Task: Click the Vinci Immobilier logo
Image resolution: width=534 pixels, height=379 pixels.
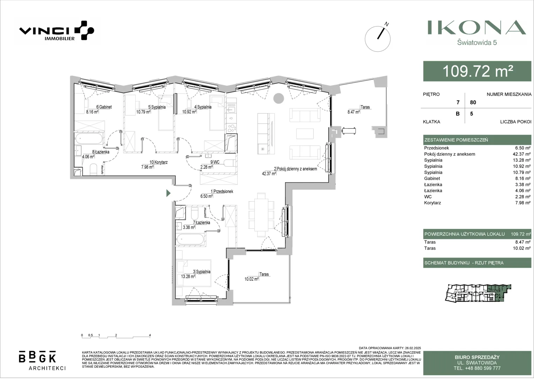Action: pyautogui.click(x=57, y=31)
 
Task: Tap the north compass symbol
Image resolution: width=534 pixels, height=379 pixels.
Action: pyautogui.click(x=378, y=38)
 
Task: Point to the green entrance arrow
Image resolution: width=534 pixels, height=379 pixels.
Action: pyautogui.click(x=169, y=193)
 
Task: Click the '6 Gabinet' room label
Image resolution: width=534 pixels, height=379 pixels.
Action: pyautogui.click(x=104, y=107)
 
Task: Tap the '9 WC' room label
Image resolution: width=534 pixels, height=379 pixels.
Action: pyautogui.click(x=215, y=162)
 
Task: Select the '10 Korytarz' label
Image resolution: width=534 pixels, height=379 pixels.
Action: pyautogui.click(x=158, y=162)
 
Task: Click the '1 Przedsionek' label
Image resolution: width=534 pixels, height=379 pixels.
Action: pyautogui.click(x=222, y=191)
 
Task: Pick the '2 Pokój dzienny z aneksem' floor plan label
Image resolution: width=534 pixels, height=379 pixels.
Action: pyautogui.click(x=295, y=169)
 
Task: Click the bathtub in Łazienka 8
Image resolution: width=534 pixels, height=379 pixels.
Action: pyautogui.click(x=89, y=139)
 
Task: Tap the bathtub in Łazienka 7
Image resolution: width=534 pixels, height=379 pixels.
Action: pyautogui.click(x=190, y=240)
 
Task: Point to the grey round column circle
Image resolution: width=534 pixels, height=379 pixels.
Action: pyautogui.click(x=278, y=98)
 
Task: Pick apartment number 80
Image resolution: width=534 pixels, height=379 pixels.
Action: pyautogui.click(x=473, y=102)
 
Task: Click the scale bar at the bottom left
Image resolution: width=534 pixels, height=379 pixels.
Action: pyautogui.click(x=116, y=336)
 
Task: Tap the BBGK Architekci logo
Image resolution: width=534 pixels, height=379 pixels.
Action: pyautogui.click(x=42, y=360)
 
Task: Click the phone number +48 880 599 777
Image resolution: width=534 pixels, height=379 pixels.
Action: pyautogui.click(x=477, y=368)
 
